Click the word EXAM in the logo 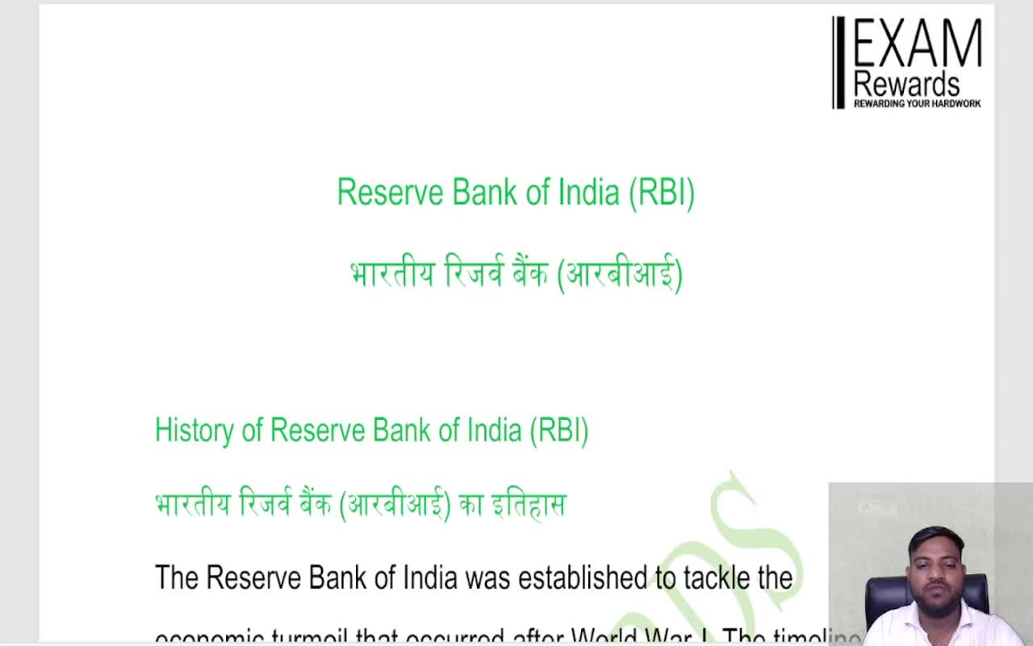point(918,44)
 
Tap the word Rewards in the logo point(906,84)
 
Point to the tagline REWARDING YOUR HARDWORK point(917,103)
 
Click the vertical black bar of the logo point(839,62)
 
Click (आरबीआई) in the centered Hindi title point(620,275)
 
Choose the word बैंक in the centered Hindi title point(529,275)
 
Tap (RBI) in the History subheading point(558,430)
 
